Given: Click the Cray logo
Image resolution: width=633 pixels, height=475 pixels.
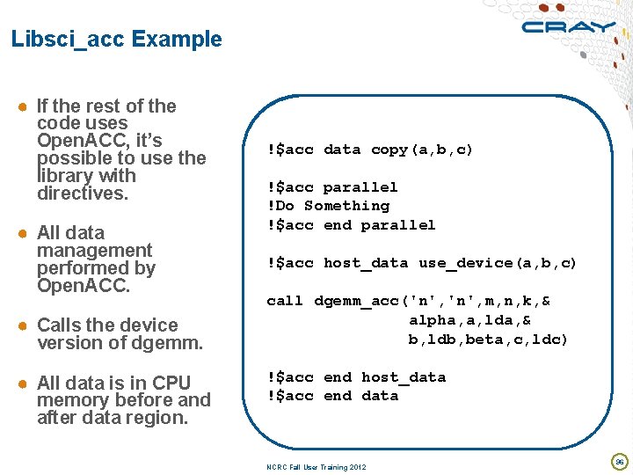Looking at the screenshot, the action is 568,26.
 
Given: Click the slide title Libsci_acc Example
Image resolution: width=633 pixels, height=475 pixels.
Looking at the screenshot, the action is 117,40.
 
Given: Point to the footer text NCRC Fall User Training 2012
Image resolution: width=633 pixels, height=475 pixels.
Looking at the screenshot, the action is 311,467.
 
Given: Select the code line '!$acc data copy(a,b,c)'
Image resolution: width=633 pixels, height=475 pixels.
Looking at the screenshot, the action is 370,150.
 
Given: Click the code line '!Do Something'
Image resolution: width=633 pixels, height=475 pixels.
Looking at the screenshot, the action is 328,206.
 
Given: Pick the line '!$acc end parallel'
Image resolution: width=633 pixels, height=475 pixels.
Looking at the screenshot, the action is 352,225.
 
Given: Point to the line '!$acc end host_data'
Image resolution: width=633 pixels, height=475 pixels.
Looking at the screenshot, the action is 356,377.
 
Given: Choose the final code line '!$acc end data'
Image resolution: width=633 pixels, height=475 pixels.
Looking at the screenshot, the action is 332,396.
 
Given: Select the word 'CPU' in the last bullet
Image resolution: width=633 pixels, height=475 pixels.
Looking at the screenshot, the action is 171,384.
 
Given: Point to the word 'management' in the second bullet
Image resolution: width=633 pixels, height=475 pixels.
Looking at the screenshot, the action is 94,251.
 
